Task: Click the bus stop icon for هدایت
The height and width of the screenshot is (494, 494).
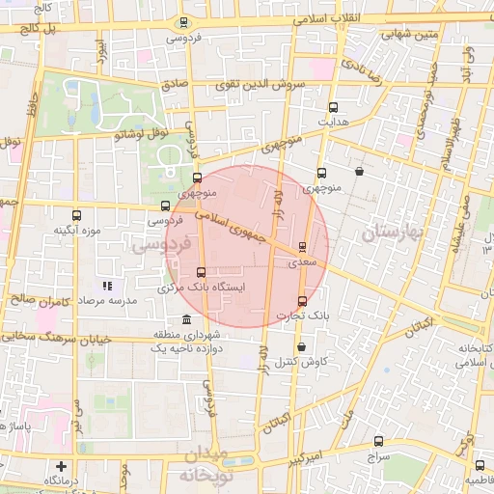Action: coord(334,108)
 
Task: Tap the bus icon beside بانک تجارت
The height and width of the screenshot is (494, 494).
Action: coord(303,300)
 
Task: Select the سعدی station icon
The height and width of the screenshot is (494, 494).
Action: coord(303,246)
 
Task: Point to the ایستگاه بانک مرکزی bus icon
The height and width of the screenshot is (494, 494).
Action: coord(201,272)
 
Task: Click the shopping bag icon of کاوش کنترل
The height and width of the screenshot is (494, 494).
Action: coord(301,346)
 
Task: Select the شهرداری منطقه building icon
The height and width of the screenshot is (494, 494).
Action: coord(186,320)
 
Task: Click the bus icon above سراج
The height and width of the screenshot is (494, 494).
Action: coord(378,440)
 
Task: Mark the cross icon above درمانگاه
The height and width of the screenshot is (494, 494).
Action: coord(62,467)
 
